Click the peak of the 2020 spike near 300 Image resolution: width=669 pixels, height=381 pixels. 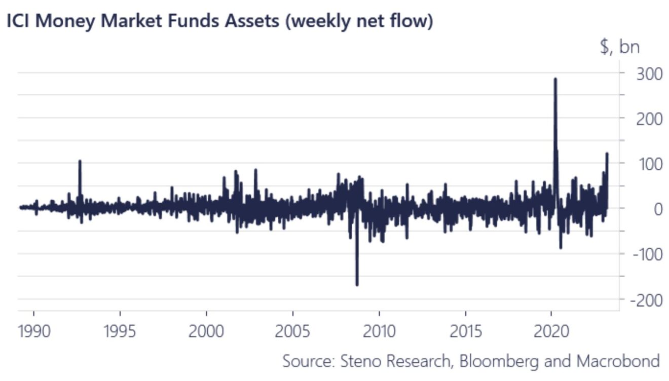click(555, 79)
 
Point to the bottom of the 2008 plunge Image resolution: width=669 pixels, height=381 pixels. click(357, 285)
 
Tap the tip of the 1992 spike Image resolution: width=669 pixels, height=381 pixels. click(80, 161)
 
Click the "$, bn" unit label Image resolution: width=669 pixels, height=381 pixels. click(619, 47)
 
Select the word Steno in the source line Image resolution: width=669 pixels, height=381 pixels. click(359, 361)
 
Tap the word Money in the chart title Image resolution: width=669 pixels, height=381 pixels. click(63, 22)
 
